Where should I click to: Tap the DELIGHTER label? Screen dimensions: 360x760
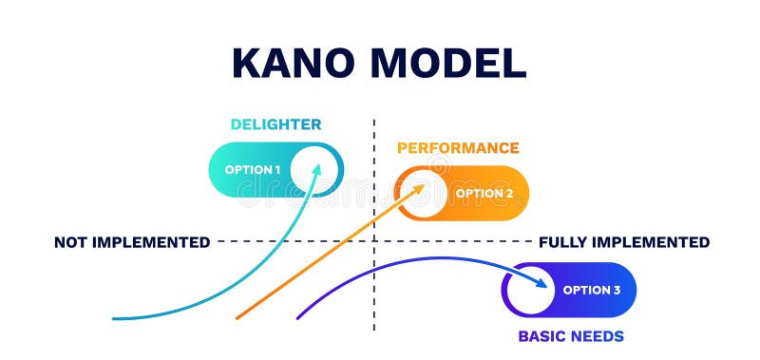[x=275, y=124]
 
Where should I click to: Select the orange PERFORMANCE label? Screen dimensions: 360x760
[x=458, y=148]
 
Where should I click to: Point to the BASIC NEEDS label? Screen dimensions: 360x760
[x=570, y=336]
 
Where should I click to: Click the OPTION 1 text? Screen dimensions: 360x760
[x=252, y=170]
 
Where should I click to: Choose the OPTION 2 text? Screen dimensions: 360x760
[x=484, y=194]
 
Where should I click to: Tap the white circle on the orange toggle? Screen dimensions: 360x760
[x=421, y=193]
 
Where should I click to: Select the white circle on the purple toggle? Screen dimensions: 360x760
[x=529, y=290]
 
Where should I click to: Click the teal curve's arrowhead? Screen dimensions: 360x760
[x=317, y=168]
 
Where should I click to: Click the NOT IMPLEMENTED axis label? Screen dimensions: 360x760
[x=132, y=242]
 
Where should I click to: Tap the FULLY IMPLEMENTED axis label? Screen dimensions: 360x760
[x=623, y=242]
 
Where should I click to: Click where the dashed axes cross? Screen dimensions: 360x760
[x=374, y=241]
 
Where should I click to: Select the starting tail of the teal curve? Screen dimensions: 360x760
[x=114, y=317]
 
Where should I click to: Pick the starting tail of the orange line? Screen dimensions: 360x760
[x=237, y=317]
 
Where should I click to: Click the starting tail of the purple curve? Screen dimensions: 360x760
[x=298, y=317]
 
